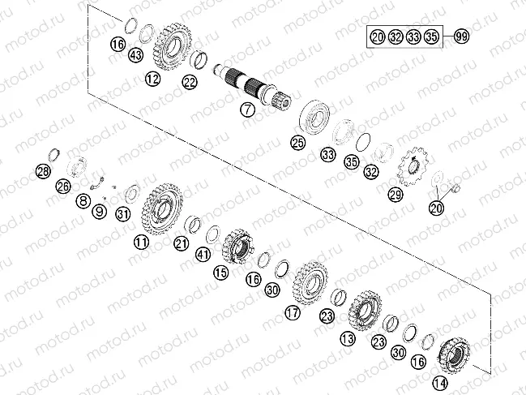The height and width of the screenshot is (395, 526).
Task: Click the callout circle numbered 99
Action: pos(462,37)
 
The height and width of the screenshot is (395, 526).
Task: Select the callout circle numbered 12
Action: pos(153,79)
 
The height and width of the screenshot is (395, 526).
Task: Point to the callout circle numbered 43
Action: pos(135,55)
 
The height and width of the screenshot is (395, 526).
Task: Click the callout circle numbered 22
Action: pos(189,81)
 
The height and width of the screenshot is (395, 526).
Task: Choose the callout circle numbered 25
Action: pos(298,143)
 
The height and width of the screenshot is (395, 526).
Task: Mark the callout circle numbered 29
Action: pos(395,195)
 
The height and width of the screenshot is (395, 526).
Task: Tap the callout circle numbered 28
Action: pos(43,171)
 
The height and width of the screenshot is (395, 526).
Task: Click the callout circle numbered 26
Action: pos(62,186)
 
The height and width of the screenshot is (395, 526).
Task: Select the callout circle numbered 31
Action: pos(122,214)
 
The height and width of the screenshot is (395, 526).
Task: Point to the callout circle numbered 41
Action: pos(203,254)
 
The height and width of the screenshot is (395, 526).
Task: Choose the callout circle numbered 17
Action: pos(292,311)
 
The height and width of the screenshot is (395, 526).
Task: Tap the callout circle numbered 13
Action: pos(348,337)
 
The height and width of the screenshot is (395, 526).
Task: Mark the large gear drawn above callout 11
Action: pos(161,208)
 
